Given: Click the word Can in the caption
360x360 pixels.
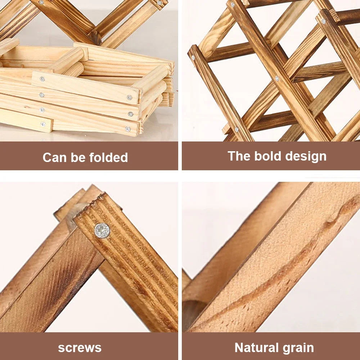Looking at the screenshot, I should (x=53, y=158).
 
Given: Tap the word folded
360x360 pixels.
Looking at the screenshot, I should (x=109, y=158).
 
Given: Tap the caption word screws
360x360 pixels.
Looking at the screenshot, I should (x=80, y=348).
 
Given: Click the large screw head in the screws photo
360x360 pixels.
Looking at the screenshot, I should (x=102, y=230).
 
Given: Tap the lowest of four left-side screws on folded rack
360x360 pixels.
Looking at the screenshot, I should (x=43, y=124).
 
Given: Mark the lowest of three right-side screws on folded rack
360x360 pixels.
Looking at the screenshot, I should (x=128, y=129).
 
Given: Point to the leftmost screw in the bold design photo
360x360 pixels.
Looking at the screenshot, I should (x=193, y=58).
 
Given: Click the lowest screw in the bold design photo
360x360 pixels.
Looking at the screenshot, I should (x=237, y=129).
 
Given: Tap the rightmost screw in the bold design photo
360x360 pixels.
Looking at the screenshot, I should (x=324, y=22).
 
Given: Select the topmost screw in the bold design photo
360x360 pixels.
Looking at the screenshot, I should (x=233, y=5).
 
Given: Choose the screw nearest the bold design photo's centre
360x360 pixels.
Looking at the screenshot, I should (x=276, y=78).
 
